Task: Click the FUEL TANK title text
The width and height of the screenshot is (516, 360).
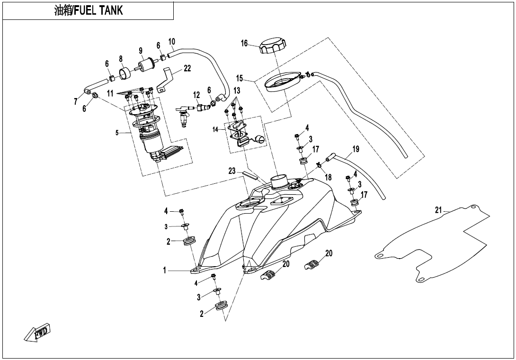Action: point(89,11)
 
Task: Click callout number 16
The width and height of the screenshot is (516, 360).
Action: point(244,43)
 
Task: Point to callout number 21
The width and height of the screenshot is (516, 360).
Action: point(438,210)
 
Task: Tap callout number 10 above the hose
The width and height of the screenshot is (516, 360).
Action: point(171,41)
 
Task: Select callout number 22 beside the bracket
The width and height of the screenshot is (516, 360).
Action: point(187,68)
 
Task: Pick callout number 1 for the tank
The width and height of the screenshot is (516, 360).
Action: point(165,270)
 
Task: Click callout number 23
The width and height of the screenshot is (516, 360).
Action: point(232,171)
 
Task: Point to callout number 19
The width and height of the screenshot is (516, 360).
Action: point(356,149)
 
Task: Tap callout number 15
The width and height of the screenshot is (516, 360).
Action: point(240,78)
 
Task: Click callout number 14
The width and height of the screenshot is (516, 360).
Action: point(215,129)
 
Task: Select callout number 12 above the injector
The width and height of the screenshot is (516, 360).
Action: point(196,95)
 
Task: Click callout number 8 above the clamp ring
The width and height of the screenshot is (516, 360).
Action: point(121,59)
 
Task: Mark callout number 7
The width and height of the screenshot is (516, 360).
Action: point(75,101)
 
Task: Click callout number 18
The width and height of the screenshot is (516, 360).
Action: point(328,177)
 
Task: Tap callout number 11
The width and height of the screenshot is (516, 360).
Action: point(110,93)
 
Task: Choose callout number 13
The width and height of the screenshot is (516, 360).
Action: point(237,90)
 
